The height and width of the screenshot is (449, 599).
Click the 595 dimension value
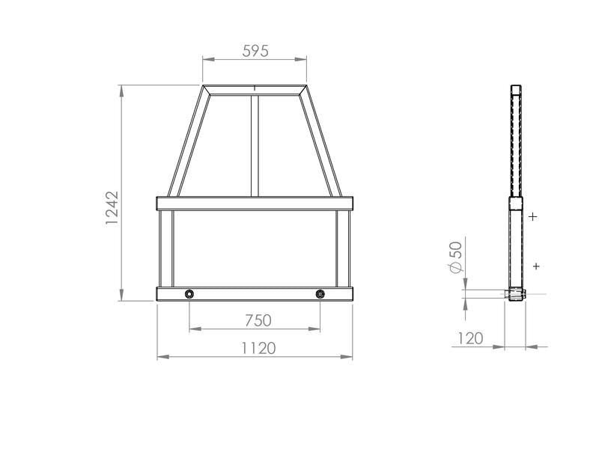pyautogui.click(x=255, y=51)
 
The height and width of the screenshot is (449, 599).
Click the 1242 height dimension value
pyautogui.click(x=112, y=208)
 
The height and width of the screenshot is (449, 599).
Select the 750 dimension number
pyautogui.click(x=258, y=320)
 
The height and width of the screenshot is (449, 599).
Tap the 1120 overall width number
pyautogui.click(x=258, y=348)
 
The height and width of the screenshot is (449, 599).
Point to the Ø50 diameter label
pyautogui.click(x=456, y=257)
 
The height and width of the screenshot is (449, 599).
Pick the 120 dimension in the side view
pyautogui.click(x=470, y=338)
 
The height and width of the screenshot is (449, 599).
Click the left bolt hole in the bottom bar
pyautogui.click(x=189, y=294)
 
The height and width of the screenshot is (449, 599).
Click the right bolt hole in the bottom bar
pyautogui.click(x=320, y=294)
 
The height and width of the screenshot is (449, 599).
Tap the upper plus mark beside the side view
pyautogui.click(x=533, y=217)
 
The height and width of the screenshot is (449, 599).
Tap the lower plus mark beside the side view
pyautogui.click(x=536, y=266)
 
